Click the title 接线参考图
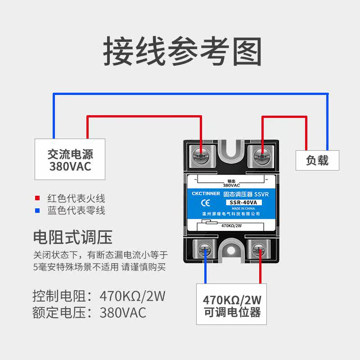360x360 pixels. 182,52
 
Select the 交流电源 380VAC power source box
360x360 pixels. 70,159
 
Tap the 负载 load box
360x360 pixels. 317,160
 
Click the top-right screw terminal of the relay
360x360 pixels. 261,156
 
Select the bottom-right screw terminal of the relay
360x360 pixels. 259,250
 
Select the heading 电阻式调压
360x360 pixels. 72,236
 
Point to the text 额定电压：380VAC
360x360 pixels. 90,312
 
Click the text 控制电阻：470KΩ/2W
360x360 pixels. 99,297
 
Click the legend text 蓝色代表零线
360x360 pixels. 76,210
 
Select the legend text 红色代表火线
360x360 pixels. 76,198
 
